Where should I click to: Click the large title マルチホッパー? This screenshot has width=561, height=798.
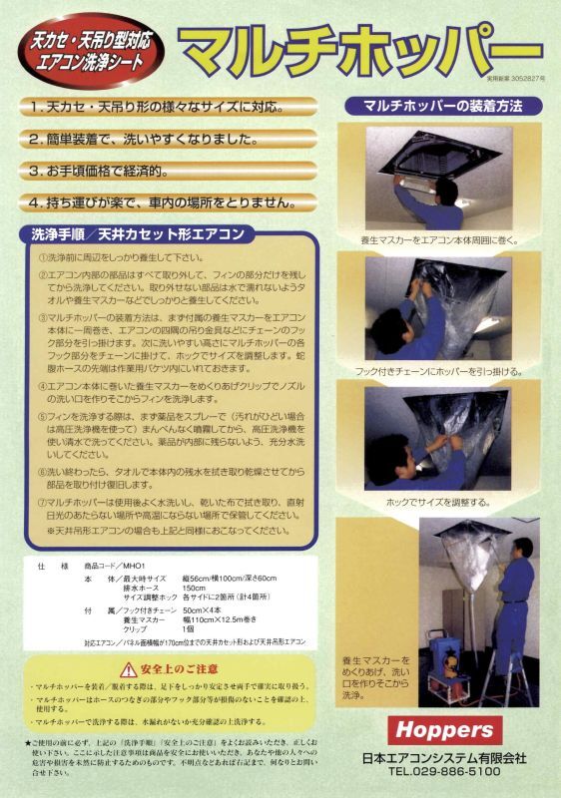point(359,45)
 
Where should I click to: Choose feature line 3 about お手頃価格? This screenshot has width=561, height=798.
point(105,171)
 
